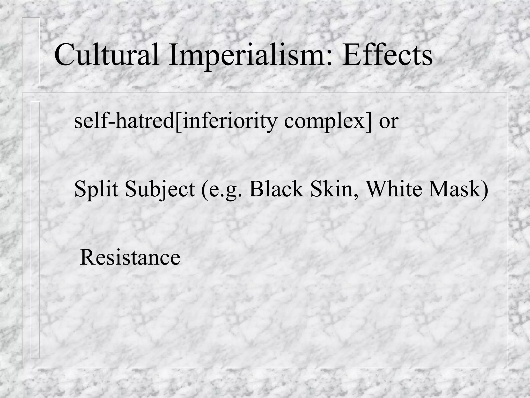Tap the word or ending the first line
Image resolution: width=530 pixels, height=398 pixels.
coord(388,122)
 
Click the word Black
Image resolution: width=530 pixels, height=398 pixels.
coord(276,189)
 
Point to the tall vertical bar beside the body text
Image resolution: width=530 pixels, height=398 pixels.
coord(35,230)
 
